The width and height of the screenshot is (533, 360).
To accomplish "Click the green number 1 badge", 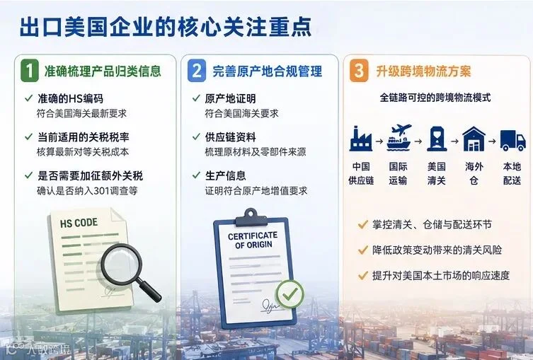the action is (x=30, y=71).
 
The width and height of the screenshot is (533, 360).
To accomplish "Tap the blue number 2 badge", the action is (x=197, y=71).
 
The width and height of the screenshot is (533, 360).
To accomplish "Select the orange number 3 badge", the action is (x=359, y=71).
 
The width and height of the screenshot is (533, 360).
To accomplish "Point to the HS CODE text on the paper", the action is (x=79, y=223).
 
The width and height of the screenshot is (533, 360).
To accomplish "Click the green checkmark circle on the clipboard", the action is (x=290, y=294).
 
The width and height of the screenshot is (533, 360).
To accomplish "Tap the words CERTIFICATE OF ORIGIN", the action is (x=253, y=240).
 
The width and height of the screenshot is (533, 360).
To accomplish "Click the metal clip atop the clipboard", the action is (x=251, y=217).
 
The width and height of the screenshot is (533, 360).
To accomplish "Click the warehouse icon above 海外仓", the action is (x=474, y=139).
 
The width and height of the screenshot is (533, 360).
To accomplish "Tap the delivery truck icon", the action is (x=513, y=140).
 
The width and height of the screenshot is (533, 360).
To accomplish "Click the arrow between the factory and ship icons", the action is (x=379, y=141).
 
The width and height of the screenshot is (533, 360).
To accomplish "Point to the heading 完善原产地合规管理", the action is (x=267, y=71).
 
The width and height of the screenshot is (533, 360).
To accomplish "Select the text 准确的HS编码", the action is (x=70, y=99).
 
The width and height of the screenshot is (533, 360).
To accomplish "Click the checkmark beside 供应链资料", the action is (x=196, y=137).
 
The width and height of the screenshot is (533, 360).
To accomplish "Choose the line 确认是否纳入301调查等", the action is (x=87, y=190).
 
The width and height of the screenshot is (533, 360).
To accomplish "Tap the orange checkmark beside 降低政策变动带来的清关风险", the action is (x=363, y=250).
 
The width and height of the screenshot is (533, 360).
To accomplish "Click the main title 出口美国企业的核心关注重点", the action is (x=166, y=26).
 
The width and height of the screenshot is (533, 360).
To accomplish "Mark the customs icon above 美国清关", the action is (x=437, y=139).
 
